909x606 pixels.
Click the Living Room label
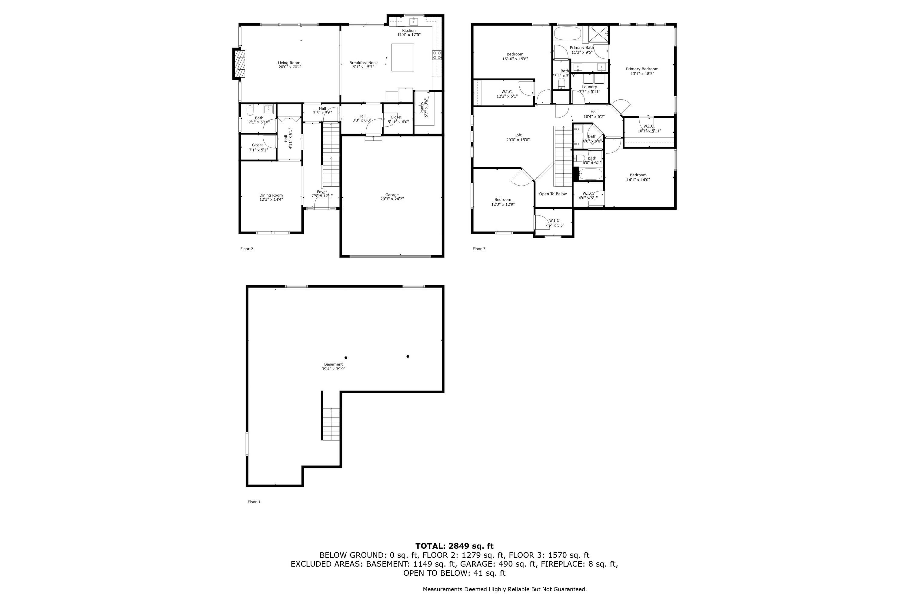(x=289, y=63)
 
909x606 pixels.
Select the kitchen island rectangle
(x=402, y=57)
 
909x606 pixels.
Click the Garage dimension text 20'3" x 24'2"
(x=391, y=199)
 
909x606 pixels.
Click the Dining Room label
(x=271, y=195)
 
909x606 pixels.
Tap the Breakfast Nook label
(x=363, y=63)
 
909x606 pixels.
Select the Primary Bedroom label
(x=642, y=69)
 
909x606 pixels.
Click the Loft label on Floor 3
(x=518, y=135)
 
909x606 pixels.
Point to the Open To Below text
(x=553, y=194)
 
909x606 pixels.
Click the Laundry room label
(x=589, y=87)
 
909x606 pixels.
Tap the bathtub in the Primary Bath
(x=567, y=33)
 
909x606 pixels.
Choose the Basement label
(x=333, y=365)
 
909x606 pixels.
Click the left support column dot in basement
(x=346, y=358)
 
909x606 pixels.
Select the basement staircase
(x=331, y=424)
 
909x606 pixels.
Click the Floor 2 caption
(x=247, y=249)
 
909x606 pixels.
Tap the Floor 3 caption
(x=479, y=249)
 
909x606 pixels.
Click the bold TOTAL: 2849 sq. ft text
(x=454, y=546)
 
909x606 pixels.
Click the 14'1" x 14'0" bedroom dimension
(x=638, y=180)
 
